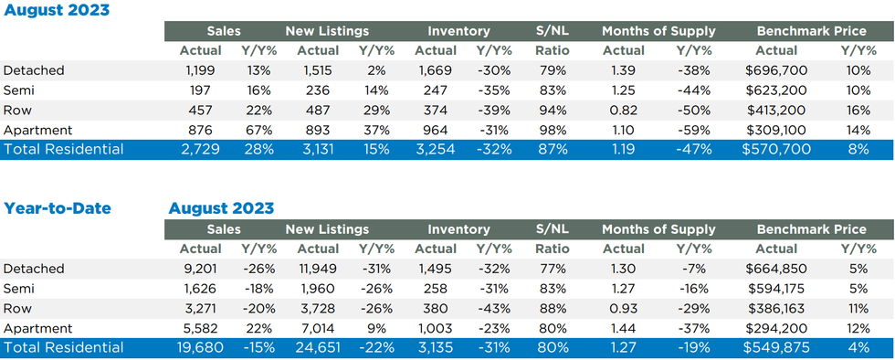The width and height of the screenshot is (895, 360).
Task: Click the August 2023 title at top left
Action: pos(56,10)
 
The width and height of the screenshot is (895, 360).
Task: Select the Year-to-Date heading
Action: pos(56,208)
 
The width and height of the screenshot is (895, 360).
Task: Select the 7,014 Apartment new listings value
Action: pos(319,328)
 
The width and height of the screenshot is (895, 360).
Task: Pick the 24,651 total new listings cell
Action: pos(319,347)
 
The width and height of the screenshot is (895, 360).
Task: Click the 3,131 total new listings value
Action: pos(319,150)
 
